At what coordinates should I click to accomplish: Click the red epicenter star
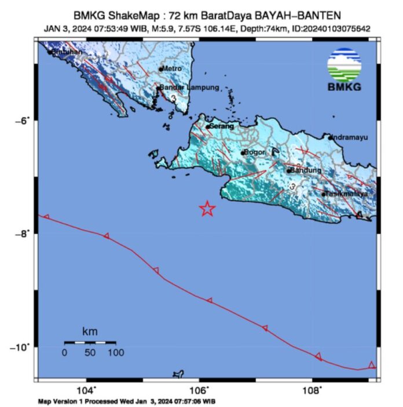pos(207,209)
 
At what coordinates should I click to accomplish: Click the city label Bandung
pos(306,170)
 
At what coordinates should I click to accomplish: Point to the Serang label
pos(222,126)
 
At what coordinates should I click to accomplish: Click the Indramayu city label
pos(350,137)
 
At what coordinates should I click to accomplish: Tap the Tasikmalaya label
pos(347,194)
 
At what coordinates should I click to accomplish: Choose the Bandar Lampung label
pos(189,88)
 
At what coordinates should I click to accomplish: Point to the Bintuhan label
pos(68,52)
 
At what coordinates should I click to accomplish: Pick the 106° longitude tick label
pos(199,389)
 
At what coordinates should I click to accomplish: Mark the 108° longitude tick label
pos(312,389)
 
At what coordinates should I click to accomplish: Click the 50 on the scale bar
pos(90,352)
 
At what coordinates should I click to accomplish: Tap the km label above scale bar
pos(90,332)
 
